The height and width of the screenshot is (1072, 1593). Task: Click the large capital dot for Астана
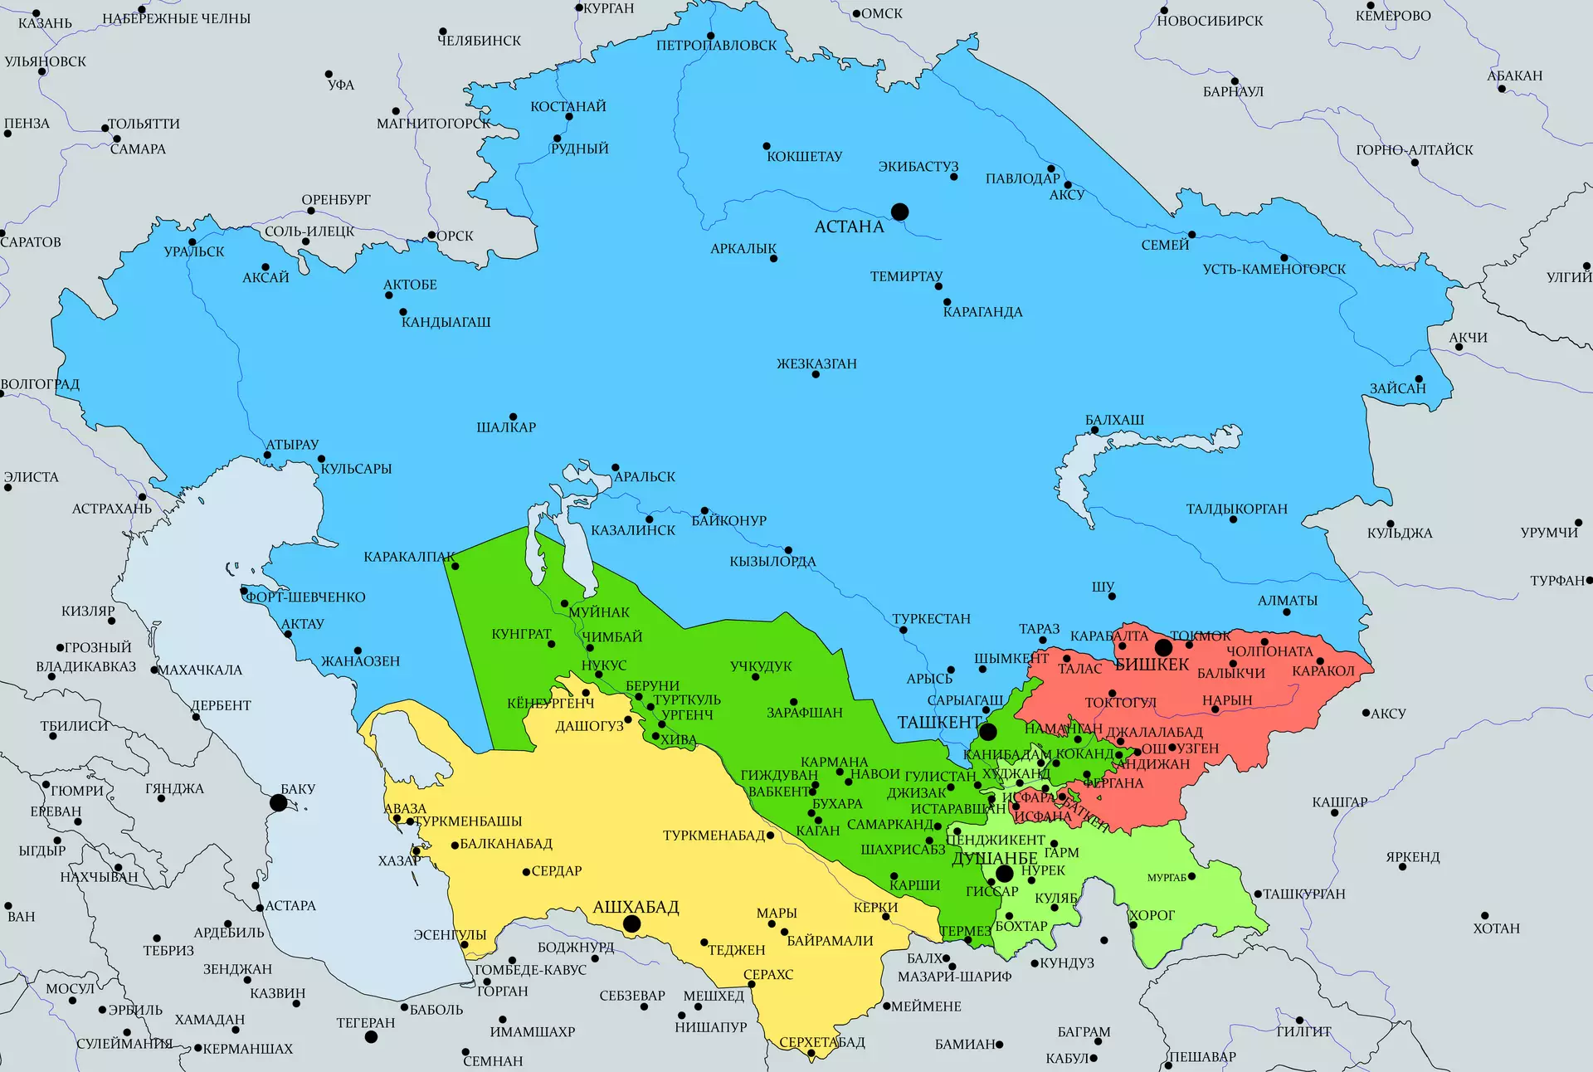(x=899, y=212)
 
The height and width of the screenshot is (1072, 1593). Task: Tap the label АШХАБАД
(x=636, y=907)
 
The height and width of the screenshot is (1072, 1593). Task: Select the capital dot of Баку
(x=279, y=802)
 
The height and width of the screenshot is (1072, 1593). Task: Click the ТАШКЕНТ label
(x=938, y=723)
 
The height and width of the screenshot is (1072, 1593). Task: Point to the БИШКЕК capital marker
(x=1163, y=647)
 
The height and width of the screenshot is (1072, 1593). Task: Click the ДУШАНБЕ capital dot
(x=1004, y=873)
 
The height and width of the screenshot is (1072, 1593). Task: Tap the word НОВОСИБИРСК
(x=1210, y=21)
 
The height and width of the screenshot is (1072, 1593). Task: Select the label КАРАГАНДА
(x=982, y=312)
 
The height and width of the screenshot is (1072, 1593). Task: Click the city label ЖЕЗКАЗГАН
(x=816, y=363)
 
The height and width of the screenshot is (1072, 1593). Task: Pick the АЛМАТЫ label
(x=1287, y=600)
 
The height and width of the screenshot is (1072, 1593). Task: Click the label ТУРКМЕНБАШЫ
(x=468, y=821)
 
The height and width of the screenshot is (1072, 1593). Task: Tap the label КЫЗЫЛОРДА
(x=772, y=562)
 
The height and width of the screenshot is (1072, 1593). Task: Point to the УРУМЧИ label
(x=1549, y=533)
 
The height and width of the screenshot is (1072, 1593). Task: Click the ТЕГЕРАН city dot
(x=371, y=1036)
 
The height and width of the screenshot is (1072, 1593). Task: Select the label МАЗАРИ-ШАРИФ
(x=954, y=977)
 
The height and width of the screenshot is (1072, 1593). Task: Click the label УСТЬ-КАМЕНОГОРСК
(x=1274, y=269)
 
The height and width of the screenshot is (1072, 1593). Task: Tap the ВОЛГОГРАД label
(x=40, y=384)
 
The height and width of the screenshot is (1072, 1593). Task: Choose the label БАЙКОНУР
(x=728, y=520)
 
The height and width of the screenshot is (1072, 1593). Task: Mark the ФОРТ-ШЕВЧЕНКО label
(x=305, y=597)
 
